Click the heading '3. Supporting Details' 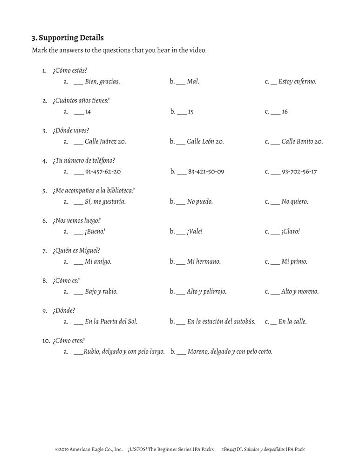click(68, 37)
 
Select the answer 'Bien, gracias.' click(102, 82)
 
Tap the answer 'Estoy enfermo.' click(297, 82)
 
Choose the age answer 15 click(190, 112)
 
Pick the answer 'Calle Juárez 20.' click(105, 142)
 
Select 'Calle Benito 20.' click(302, 142)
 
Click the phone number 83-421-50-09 click(206, 172)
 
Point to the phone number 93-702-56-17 click(299, 172)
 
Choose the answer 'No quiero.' click(295, 202)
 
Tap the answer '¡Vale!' click(195, 232)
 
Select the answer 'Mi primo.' click(294, 262)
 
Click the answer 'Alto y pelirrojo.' click(207, 292)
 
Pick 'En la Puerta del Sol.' click(111, 322)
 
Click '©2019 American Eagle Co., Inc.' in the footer click(88, 450)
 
